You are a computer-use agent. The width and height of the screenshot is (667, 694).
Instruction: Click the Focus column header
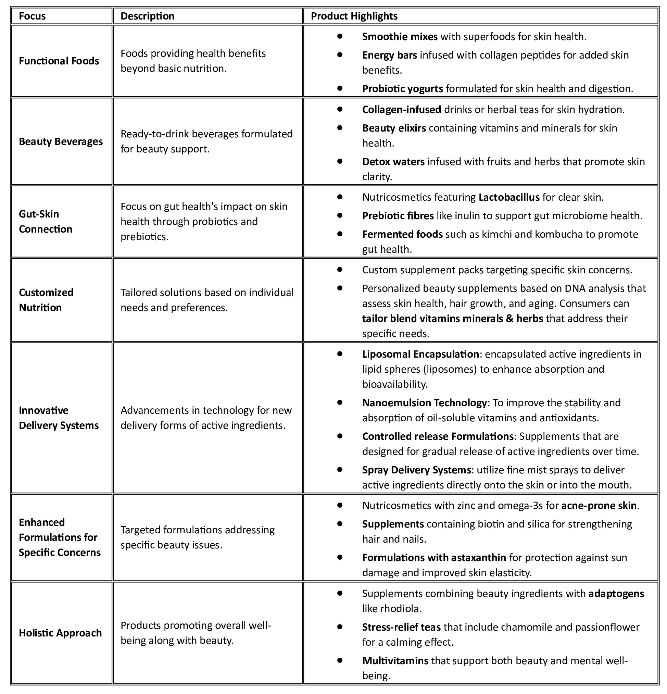tap(32, 16)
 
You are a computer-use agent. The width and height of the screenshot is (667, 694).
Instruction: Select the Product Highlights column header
tap(354, 16)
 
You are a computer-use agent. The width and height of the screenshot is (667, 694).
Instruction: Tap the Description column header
tap(147, 16)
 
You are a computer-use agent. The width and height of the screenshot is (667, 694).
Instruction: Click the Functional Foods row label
tap(59, 61)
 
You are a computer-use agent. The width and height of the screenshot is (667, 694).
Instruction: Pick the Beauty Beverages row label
tap(61, 141)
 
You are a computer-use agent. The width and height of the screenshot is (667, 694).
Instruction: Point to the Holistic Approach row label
tap(60, 633)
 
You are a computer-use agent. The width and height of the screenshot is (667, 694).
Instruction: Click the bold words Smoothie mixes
tap(400, 36)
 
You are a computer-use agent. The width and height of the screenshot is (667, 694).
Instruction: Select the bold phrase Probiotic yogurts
tap(402, 88)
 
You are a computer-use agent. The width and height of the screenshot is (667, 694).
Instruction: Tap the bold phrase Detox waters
tap(393, 162)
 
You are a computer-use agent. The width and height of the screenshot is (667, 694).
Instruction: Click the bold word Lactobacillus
tap(509, 197)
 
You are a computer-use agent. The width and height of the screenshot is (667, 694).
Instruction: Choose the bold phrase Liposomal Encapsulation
tap(420, 355)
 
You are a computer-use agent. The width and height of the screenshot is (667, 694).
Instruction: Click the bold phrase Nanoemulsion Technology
tap(425, 403)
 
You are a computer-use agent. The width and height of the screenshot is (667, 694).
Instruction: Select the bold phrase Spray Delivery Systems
tap(416, 470)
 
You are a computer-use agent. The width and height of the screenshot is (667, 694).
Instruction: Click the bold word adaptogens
tap(616, 594)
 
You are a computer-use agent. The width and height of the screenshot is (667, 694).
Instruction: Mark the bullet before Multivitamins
tap(340, 660)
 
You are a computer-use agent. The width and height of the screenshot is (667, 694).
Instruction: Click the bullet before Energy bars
tap(340, 54)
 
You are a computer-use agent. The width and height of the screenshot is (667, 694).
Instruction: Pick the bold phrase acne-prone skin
tap(599, 506)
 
